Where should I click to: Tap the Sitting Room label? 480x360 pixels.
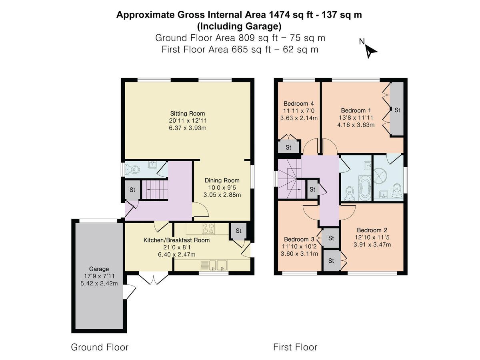click(x=187, y=114)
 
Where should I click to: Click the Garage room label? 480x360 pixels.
click(x=99, y=269)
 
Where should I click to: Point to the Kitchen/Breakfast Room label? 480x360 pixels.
click(x=176, y=240)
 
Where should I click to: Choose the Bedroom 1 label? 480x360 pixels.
click(x=353, y=110)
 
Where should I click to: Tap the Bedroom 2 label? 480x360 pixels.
click(x=372, y=230)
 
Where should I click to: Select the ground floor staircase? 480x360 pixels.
click(x=154, y=190)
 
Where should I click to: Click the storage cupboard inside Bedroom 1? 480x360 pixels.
click(x=397, y=110)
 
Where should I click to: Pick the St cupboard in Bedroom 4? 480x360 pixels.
click(x=288, y=147)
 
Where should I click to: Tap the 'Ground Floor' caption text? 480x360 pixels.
click(x=100, y=347)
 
